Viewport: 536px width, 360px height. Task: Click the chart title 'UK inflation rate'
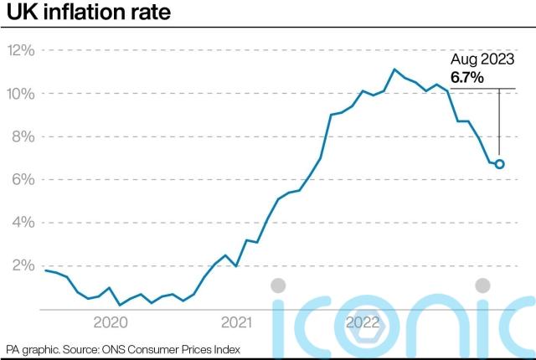pyautogui.click(x=80, y=15)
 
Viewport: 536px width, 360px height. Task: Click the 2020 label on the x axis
pyautogui.click(x=110, y=321)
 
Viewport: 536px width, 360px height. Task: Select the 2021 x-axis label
pyautogui.click(x=237, y=321)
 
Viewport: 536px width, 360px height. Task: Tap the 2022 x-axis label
pyautogui.click(x=364, y=321)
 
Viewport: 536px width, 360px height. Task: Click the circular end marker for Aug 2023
pyautogui.click(x=500, y=164)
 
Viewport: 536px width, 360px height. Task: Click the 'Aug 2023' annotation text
pyautogui.click(x=482, y=60)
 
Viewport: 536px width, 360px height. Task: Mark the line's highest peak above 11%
pyautogui.click(x=394, y=69)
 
